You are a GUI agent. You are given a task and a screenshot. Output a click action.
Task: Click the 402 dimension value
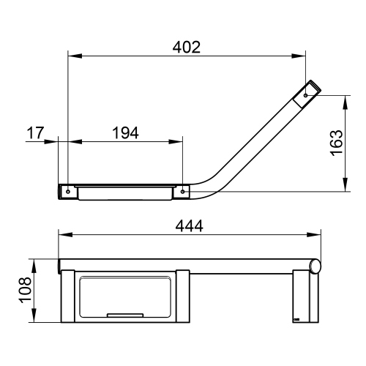[x=187, y=47]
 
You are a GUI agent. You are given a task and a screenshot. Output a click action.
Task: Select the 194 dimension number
[x=125, y=133]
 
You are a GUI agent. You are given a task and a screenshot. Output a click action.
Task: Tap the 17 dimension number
[x=35, y=133]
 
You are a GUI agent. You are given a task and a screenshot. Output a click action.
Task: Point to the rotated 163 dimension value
[x=336, y=143]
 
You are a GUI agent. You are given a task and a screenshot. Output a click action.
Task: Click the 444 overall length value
[x=189, y=226]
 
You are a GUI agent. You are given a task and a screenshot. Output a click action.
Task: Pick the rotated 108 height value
[x=25, y=290]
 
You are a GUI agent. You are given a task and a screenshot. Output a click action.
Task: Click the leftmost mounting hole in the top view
[x=68, y=192]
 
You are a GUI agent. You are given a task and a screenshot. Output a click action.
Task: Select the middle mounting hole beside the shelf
[x=183, y=192]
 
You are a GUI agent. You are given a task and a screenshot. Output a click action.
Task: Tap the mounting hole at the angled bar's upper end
[x=306, y=95]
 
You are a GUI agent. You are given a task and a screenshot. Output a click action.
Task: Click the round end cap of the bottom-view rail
[x=315, y=267]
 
